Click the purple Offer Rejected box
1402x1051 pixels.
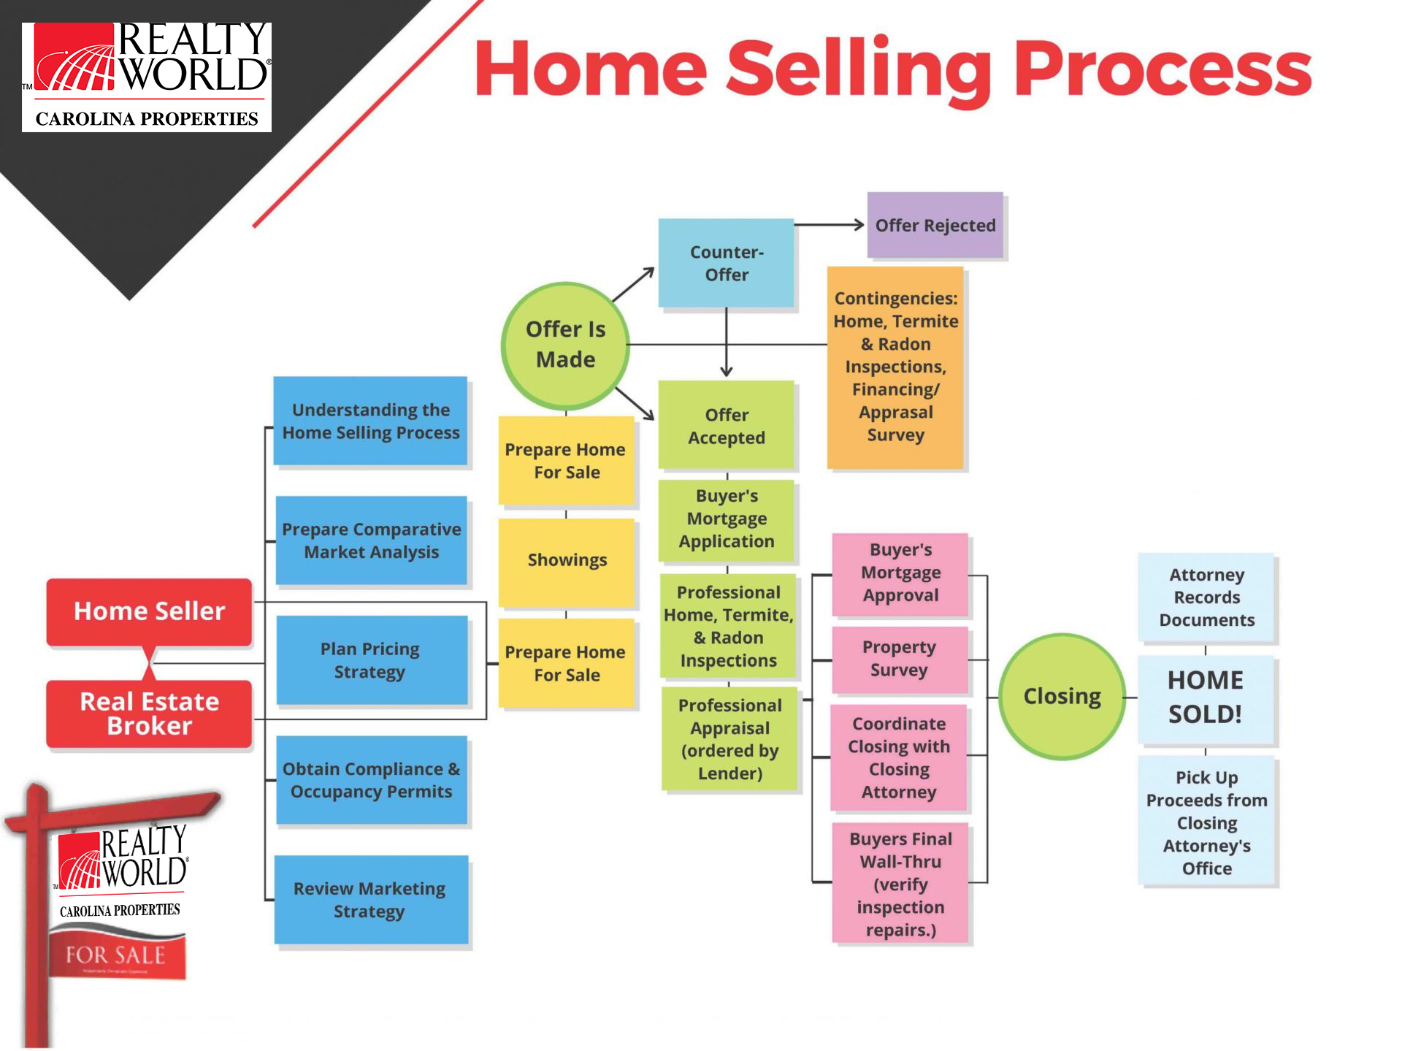click(935, 225)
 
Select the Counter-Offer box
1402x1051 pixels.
click(726, 263)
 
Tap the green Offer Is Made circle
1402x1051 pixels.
click(565, 345)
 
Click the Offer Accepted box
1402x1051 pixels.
click(726, 425)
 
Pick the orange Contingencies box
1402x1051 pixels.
click(895, 367)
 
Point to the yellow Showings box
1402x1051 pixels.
click(567, 561)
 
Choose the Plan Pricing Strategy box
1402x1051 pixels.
click(371, 660)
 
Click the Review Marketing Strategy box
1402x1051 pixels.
click(371, 900)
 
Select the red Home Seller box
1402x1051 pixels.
click(149, 611)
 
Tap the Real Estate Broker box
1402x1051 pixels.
click(149, 714)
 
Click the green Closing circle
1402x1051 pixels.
click(1062, 696)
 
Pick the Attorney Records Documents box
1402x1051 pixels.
click(1206, 597)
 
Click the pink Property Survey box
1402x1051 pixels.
click(900, 660)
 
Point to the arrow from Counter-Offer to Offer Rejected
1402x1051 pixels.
click(829, 225)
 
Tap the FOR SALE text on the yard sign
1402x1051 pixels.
click(115, 955)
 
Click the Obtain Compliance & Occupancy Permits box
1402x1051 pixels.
click(371, 780)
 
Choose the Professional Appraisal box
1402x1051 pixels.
click(729, 739)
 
